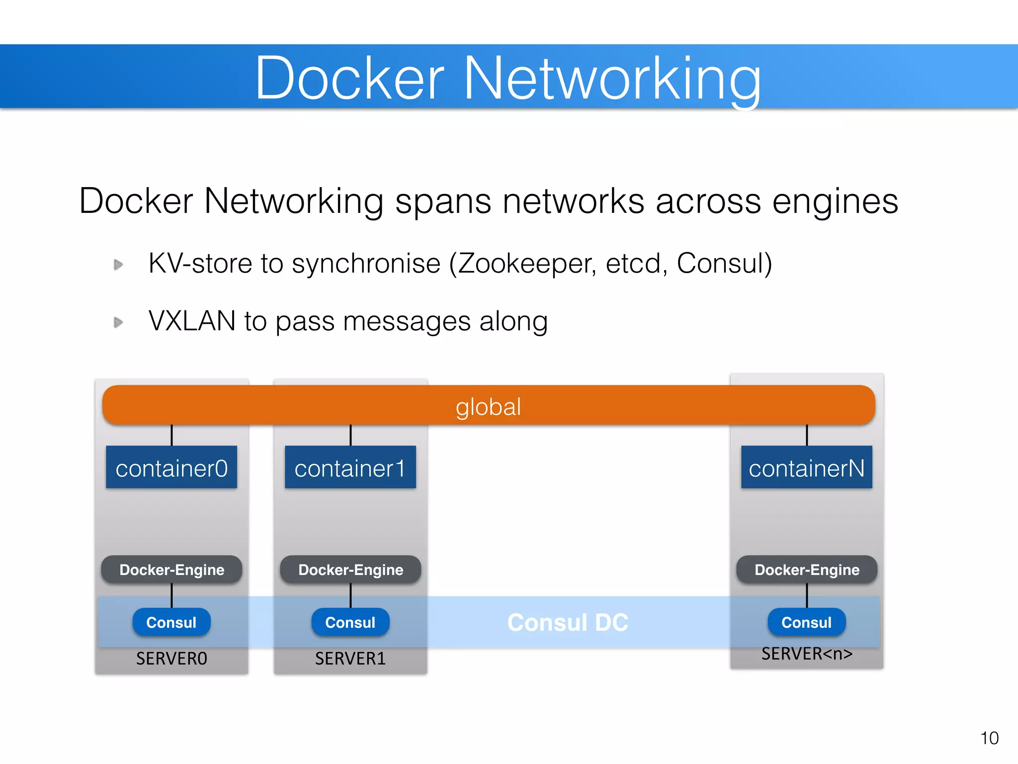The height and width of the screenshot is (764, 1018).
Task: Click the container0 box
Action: [x=171, y=467]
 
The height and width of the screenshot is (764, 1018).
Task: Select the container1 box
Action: [x=350, y=467]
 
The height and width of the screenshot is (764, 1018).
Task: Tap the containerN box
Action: [x=806, y=467]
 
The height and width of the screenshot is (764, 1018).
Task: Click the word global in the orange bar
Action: [x=488, y=407]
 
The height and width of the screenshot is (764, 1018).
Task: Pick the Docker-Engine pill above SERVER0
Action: [x=171, y=570]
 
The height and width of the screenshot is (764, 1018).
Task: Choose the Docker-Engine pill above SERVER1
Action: [x=350, y=570]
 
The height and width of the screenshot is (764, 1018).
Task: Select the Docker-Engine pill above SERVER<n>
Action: [x=806, y=570]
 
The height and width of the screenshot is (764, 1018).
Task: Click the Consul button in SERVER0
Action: [x=171, y=622]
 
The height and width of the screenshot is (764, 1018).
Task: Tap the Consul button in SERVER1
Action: [x=350, y=622]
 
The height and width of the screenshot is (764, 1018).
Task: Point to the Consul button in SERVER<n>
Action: [x=806, y=622]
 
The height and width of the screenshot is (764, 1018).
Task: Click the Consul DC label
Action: [x=568, y=623]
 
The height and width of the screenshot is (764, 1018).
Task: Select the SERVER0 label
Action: [x=171, y=659]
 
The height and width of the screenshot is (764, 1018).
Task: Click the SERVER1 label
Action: [x=350, y=659]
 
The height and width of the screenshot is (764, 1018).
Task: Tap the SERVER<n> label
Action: [x=807, y=654]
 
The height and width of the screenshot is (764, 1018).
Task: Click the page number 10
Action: [x=989, y=738]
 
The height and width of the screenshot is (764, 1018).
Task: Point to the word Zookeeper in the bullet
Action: [x=526, y=264]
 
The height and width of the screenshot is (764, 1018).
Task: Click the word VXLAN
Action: [x=192, y=321]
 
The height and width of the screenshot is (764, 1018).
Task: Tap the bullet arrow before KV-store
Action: [x=118, y=265]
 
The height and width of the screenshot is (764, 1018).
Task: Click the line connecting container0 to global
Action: [x=171, y=435]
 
